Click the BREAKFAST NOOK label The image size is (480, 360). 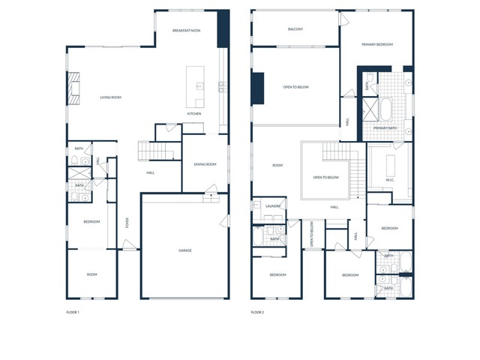[186, 31]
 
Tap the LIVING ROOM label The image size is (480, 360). [111, 97]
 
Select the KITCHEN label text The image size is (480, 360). [194, 114]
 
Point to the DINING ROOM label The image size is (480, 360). [205, 164]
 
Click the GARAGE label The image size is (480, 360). [184, 250]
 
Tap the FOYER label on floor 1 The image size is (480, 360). [127, 222]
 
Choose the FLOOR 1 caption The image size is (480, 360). [73, 311]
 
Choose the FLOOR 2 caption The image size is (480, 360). [257, 311]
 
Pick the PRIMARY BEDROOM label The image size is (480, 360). [376, 44]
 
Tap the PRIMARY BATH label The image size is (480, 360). [385, 128]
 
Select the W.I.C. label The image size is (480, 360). [390, 179]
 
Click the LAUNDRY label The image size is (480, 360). [273, 205]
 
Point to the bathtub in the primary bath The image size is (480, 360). [385, 109]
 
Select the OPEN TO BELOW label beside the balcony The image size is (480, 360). [295, 87]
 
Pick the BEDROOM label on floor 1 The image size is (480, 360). [91, 222]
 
